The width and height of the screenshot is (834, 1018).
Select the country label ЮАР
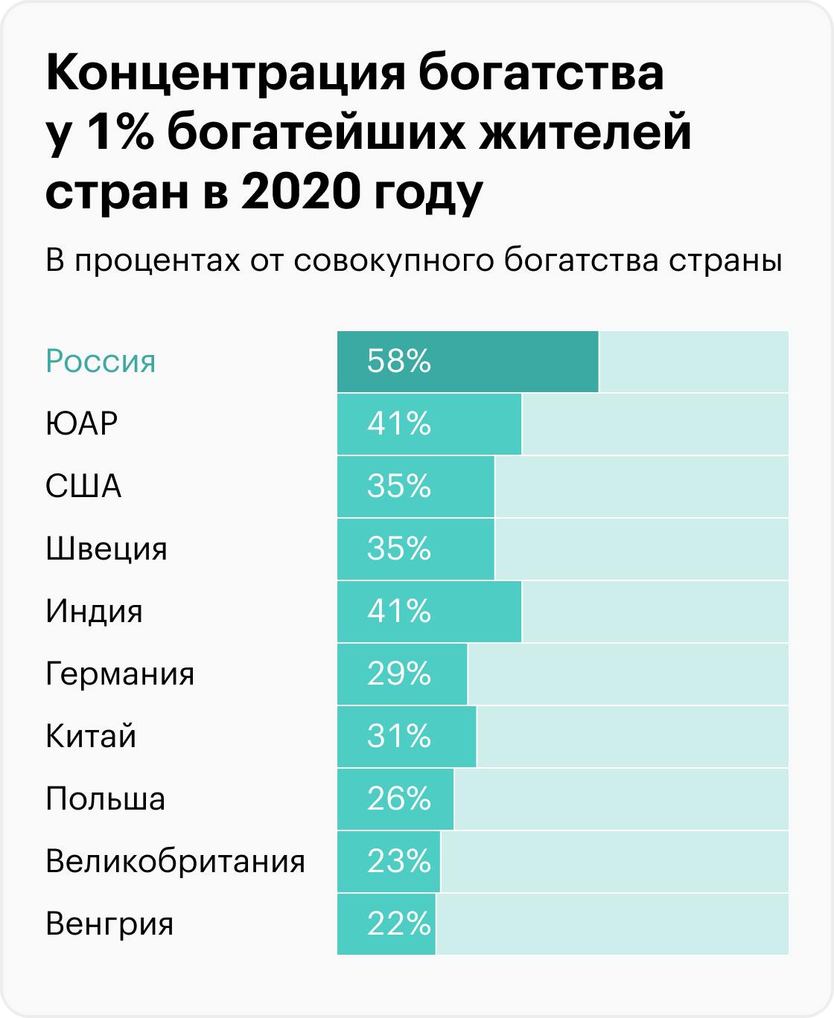(82, 424)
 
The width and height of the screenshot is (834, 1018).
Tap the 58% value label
(399, 362)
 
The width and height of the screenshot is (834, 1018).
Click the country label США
(83, 487)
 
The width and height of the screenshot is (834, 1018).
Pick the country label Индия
(94, 612)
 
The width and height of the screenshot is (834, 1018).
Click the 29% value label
(399, 674)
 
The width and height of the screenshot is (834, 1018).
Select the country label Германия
(120, 674)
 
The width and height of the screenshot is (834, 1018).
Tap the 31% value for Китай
(399, 737)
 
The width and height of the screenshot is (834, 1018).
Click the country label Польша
(105, 799)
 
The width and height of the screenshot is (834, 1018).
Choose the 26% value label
(399, 799)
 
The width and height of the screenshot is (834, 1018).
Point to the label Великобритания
(175, 862)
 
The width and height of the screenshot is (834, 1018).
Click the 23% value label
(399, 862)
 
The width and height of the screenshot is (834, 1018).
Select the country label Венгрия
(109, 924)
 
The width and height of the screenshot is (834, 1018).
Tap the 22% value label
(399, 924)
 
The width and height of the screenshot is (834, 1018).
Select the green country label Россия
(101, 362)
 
